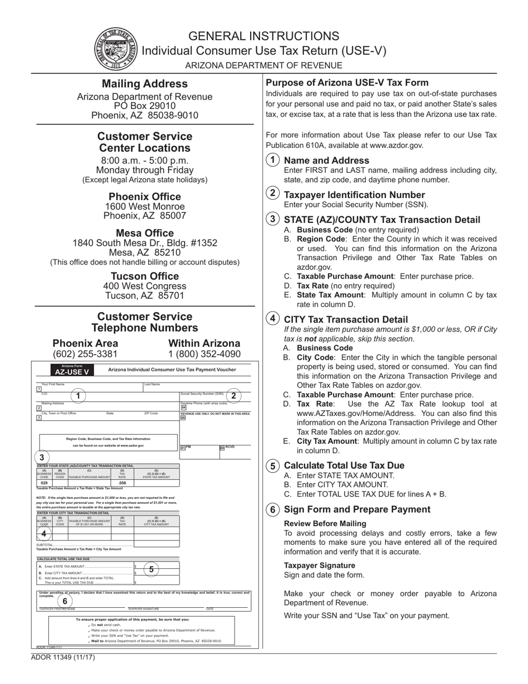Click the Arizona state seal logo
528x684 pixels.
point(116,49)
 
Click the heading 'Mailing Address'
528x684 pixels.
point(145,84)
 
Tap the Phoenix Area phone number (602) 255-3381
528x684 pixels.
point(85,354)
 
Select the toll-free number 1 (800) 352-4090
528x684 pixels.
point(205,354)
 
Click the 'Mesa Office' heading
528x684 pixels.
point(145,233)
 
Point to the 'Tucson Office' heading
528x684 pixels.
point(145,276)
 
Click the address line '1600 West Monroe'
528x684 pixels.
point(145,207)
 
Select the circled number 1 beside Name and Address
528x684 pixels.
point(272,160)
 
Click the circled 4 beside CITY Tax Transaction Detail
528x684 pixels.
point(272,319)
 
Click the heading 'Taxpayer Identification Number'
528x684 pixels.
point(354,195)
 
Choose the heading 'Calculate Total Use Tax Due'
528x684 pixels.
point(344,465)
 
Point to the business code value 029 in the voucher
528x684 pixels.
point(44,483)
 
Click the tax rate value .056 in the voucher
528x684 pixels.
point(122,483)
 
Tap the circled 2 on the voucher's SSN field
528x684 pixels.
point(233,396)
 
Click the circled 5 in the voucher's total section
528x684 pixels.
point(151,569)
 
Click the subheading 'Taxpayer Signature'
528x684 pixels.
point(320,565)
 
